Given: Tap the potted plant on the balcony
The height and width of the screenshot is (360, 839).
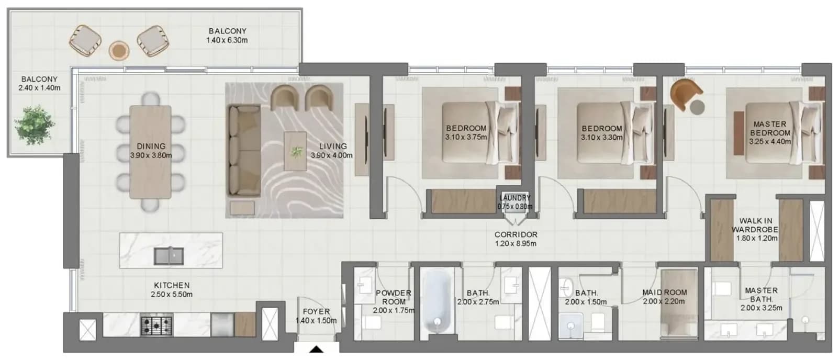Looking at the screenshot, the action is [x=35, y=125].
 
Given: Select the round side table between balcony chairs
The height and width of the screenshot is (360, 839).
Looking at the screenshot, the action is [x=119, y=50].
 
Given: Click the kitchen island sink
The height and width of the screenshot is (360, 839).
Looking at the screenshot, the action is [x=169, y=256].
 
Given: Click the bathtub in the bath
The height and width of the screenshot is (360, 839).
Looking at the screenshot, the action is [x=437, y=301].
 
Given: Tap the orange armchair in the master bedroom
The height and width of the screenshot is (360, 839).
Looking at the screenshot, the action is [x=686, y=94].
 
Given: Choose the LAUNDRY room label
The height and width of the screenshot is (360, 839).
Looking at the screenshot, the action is [x=515, y=198].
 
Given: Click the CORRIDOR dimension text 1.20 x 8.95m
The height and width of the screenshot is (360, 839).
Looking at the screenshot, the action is [x=516, y=243].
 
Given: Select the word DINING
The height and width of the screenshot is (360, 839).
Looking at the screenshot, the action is [x=151, y=146].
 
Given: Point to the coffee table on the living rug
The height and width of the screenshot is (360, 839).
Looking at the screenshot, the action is [x=295, y=151].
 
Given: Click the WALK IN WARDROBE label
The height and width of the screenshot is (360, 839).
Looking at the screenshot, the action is [x=755, y=225].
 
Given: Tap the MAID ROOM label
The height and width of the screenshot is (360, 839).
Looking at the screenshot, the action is [x=665, y=292].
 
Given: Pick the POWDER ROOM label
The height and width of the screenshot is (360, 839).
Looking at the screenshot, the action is [x=394, y=297].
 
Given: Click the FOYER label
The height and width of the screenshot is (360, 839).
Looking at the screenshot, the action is [x=317, y=311].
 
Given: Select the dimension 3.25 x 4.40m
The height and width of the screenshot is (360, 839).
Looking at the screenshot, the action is [x=770, y=142].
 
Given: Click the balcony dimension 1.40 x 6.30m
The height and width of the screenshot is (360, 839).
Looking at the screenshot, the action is [x=227, y=40].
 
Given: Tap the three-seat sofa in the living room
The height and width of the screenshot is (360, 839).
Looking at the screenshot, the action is [x=244, y=151].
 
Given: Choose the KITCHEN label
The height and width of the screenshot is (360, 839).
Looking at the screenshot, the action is [x=172, y=285].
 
